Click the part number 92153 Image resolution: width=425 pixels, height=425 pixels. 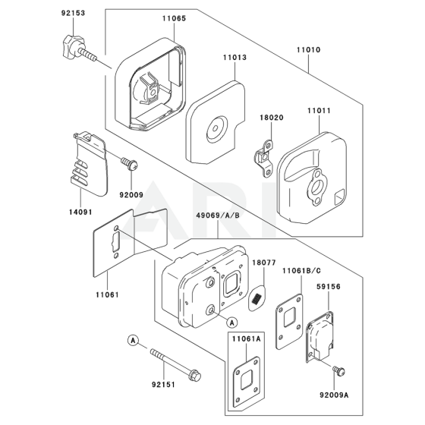pyautogui.click(x=73, y=13)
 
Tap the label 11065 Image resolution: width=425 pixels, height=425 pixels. pyautogui.click(x=175, y=18)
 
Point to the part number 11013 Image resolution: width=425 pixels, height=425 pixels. pyautogui.click(x=235, y=58)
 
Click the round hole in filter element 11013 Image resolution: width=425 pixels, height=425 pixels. pyautogui.click(x=216, y=128)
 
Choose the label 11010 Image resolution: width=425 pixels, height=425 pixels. pyautogui.click(x=308, y=50)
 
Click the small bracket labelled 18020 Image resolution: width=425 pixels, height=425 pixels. pyautogui.click(x=263, y=158)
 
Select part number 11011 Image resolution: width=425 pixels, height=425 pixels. pyautogui.click(x=319, y=111)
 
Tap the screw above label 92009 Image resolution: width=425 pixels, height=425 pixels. pyautogui.click(x=129, y=164)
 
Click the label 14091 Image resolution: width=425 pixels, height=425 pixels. pyautogui.click(x=80, y=212)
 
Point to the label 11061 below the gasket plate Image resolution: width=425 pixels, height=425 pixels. pyautogui.click(x=107, y=294)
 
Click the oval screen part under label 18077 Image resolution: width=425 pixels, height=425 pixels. pyautogui.click(x=257, y=297)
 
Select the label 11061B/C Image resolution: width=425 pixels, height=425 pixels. pyautogui.click(x=302, y=271)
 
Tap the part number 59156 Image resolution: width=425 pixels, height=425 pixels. pyautogui.click(x=329, y=287)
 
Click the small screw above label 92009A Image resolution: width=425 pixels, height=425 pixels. pyautogui.click(x=338, y=370)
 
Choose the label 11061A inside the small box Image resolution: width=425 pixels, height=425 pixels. pyautogui.click(x=246, y=339)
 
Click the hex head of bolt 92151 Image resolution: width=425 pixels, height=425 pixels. pyautogui.click(x=195, y=376)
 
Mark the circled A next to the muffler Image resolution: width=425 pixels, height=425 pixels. pyautogui.click(x=231, y=323)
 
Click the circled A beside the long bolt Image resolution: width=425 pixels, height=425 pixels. pyautogui.click(x=133, y=341)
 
